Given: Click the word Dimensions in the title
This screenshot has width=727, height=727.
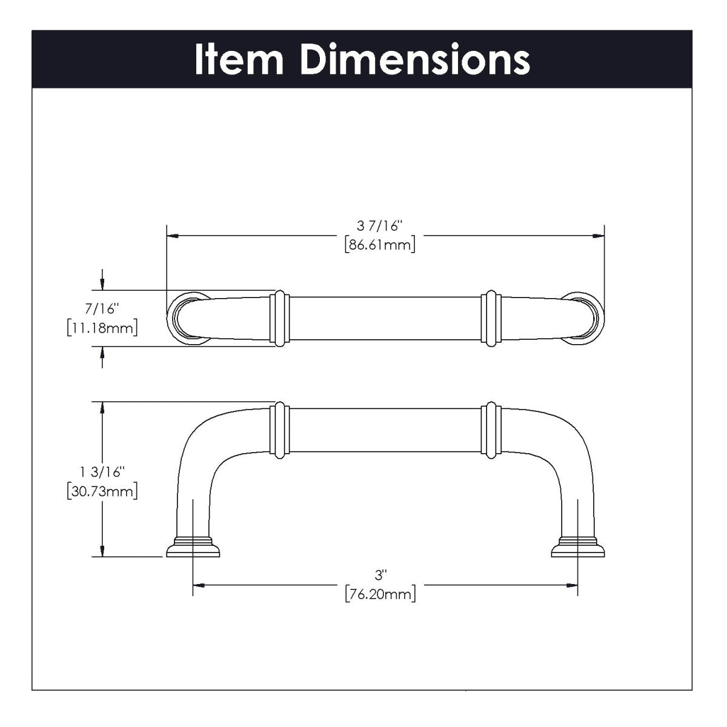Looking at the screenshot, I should coord(415,59).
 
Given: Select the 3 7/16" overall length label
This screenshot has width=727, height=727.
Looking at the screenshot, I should coord(380,226).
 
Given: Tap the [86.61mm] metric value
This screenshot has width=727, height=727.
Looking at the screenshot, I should coord(380,245).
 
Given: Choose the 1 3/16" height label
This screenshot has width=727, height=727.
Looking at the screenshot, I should coord(102,471).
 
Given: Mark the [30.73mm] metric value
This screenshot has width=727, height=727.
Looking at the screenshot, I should coord(102,490).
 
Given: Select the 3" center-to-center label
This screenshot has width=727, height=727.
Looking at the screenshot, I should coord(380,574).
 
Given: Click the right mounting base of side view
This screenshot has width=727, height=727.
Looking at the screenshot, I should coord(578,546).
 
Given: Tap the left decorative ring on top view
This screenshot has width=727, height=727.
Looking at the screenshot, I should coord(279,319).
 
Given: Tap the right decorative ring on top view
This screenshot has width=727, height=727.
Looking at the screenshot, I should coord(490,319).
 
